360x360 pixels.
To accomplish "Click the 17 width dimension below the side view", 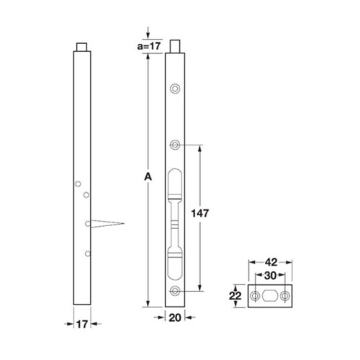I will (84, 325).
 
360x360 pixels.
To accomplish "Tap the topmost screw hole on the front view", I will (175, 88).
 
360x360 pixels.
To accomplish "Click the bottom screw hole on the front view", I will (175, 290).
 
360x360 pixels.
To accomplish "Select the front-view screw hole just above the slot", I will (175, 145).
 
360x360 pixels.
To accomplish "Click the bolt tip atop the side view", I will (84, 47).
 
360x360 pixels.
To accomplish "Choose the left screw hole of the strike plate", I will (255, 297).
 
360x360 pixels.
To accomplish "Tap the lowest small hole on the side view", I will (86, 253).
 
